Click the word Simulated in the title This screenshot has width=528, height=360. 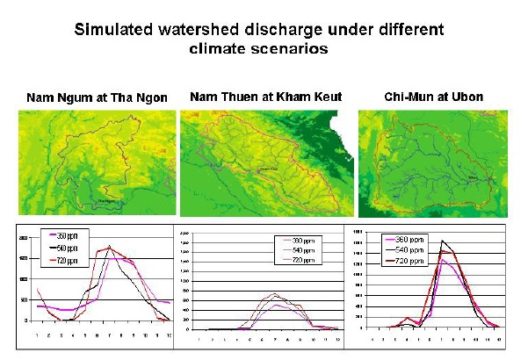[x=113, y=29]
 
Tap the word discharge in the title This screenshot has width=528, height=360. [x=282, y=29]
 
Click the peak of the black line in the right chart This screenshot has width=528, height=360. [x=443, y=241]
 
